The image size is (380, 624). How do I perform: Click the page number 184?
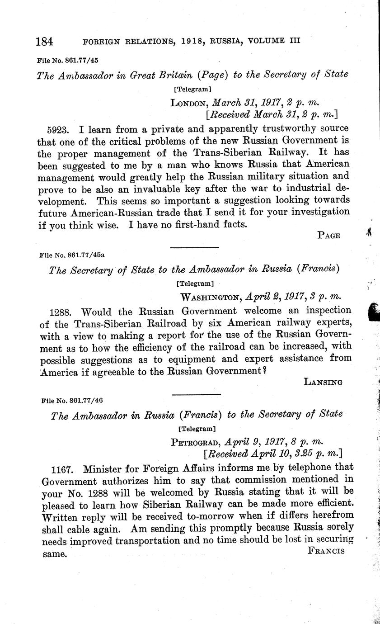pos(45,42)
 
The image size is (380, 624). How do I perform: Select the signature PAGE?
pos(328,235)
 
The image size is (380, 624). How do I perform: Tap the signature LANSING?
pos(323,382)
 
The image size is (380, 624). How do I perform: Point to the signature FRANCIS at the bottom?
pos(326,551)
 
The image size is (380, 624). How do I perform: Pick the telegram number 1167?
pos(67,468)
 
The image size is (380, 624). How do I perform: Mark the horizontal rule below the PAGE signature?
pos(194,247)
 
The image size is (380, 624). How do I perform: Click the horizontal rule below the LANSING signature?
pos(196,395)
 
